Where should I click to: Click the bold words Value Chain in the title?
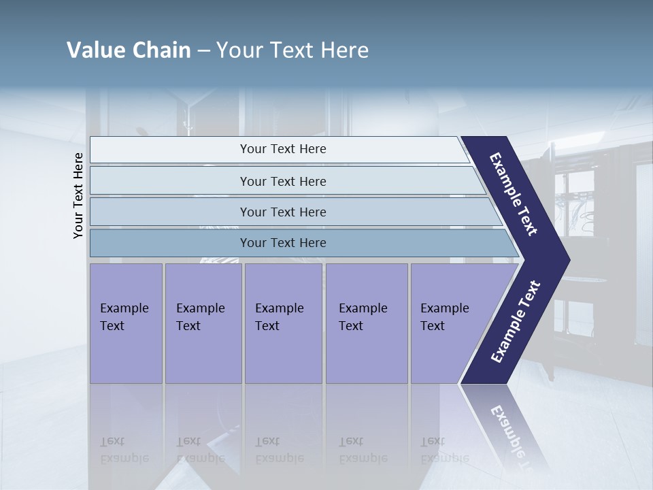tap(129, 50)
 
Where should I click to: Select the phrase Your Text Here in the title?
tap(292, 50)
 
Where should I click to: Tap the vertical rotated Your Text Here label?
tap(78, 195)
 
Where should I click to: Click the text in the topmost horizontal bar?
tap(283, 149)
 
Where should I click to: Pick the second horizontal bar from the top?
tap(283, 181)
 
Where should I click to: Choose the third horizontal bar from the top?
tap(283, 212)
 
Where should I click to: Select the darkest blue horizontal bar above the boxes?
tap(283, 243)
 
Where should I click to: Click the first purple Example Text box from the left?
tap(126, 323)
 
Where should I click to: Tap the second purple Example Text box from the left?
tap(203, 323)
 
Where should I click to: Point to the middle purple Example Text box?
tap(283, 323)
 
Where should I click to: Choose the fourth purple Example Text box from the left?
tap(367, 323)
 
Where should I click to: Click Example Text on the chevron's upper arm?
tap(514, 194)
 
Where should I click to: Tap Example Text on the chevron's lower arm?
tap(515, 322)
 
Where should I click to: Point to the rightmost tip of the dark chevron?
tap(568, 260)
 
